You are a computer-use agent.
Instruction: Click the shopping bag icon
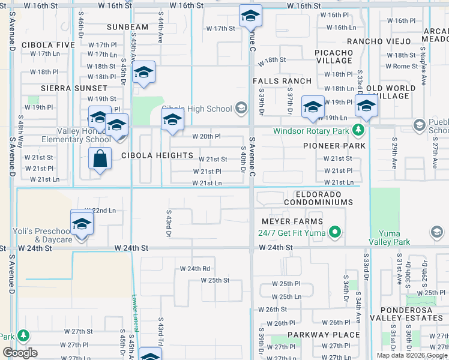pyautogui.click(x=100, y=160)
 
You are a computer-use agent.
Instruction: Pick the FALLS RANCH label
pyautogui.click(x=282, y=81)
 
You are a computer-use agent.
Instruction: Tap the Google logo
pyautogui.click(x=20, y=353)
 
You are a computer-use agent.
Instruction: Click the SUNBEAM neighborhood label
pyautogui.click(x=127, y=27)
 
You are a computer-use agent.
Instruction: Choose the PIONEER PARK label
pyautogui.click(x=334, y=146)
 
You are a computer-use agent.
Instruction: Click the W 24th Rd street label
pyautogui.click(x=195, y=269)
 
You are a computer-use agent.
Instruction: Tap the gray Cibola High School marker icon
pyautogui.click(x=241, y=109)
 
